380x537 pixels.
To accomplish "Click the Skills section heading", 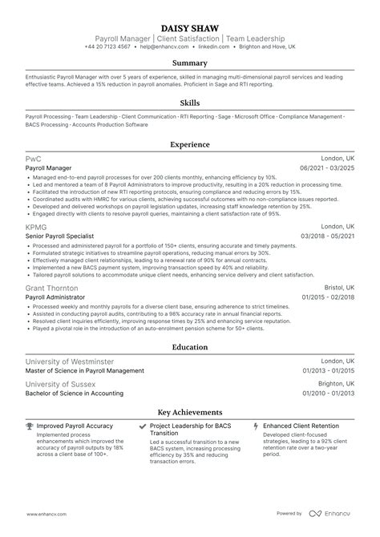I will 190,103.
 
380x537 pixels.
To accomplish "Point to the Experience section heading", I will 190,145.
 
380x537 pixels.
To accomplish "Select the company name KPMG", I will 37,228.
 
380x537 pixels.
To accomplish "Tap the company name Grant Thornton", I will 52,288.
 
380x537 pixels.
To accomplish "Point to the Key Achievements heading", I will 190,411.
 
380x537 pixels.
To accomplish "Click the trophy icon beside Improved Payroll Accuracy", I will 30,426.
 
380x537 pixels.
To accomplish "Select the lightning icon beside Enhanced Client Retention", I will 256,426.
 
